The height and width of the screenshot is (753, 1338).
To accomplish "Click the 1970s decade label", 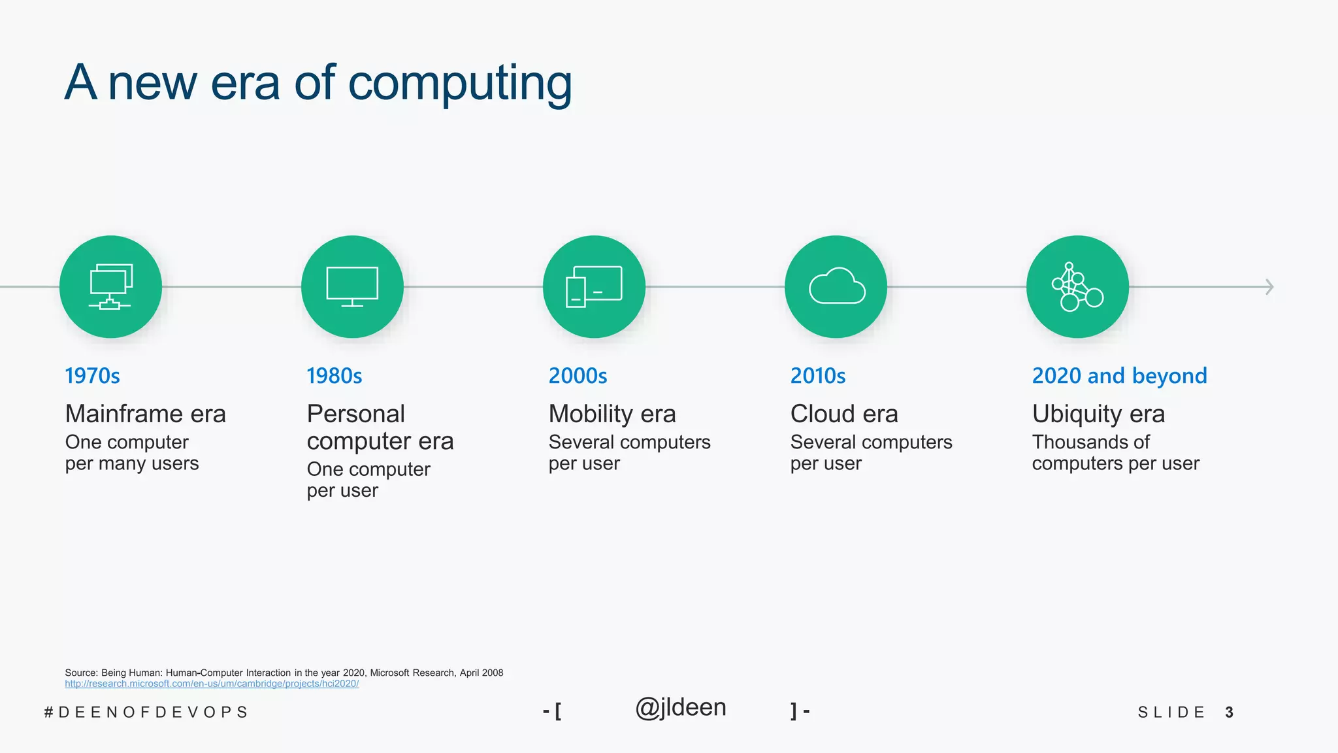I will tap(92, 376).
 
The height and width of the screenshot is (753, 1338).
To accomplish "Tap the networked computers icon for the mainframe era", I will tap(110, 286).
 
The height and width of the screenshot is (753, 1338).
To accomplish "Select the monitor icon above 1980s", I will tap(352, 286).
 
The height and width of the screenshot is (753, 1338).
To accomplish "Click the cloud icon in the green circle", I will tap(836, 286).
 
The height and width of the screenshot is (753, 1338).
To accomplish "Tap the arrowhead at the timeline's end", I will tap(1269, 287).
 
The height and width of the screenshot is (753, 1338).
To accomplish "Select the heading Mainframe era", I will tap(145, 414).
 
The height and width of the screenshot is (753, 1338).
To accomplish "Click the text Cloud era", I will tap(843, 414).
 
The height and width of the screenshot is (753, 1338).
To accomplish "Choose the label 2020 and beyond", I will tap(1119, 376).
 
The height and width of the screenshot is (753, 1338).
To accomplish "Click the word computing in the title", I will tap(460, 83).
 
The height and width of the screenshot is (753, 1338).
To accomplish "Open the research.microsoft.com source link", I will tap(212, 684).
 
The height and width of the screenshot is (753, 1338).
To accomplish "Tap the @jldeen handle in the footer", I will tap(680, 708).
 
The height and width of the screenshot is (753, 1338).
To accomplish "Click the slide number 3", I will tap(1229, 712).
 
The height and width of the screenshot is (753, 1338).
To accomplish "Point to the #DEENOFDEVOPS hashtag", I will tap(146, 712).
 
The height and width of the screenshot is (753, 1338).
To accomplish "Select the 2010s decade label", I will tap(817, 376).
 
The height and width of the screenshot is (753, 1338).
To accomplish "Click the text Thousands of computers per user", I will tap(1115, 452).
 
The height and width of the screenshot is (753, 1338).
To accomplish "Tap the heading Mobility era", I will tap(612, 414).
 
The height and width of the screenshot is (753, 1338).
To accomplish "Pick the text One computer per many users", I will tap(131, 452).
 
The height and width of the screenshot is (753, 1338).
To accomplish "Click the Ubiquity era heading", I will tap(1098, 414).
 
